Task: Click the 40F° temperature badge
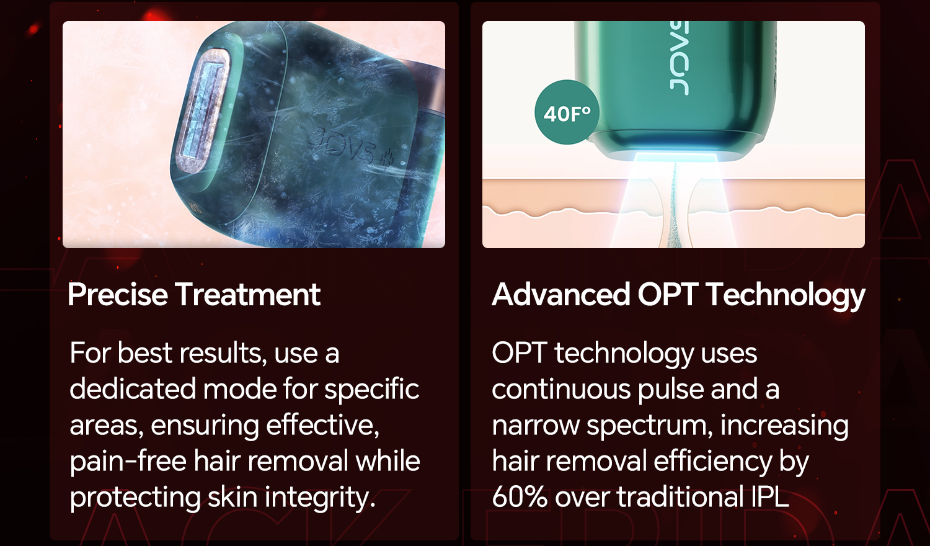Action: [567, 112]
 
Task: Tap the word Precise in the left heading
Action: [118, 295]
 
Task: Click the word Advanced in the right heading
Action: [561, 295]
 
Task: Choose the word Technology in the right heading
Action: [786, 296]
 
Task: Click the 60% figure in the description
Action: [520, 496]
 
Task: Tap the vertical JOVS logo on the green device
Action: [678, 58]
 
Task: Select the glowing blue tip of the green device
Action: [677, 158]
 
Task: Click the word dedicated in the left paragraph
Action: [133, 390]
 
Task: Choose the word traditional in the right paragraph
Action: [681, 496]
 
